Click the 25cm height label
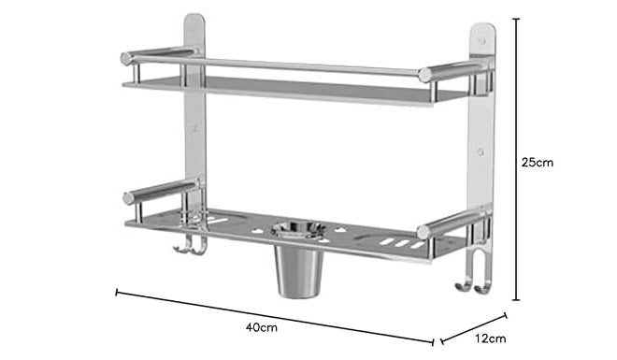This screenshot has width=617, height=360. click(x=537, y=162)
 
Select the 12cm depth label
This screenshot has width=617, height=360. click(x=489, y=338)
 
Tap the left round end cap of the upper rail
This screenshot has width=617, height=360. click(x=127, y=58)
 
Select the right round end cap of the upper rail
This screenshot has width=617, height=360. click(x=424, y=75)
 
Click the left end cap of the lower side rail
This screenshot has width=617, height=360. click(x=129, y=198)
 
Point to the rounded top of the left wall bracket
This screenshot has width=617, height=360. click(x=194, y=21)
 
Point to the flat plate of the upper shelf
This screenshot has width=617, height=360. click(x=280, y=90)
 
